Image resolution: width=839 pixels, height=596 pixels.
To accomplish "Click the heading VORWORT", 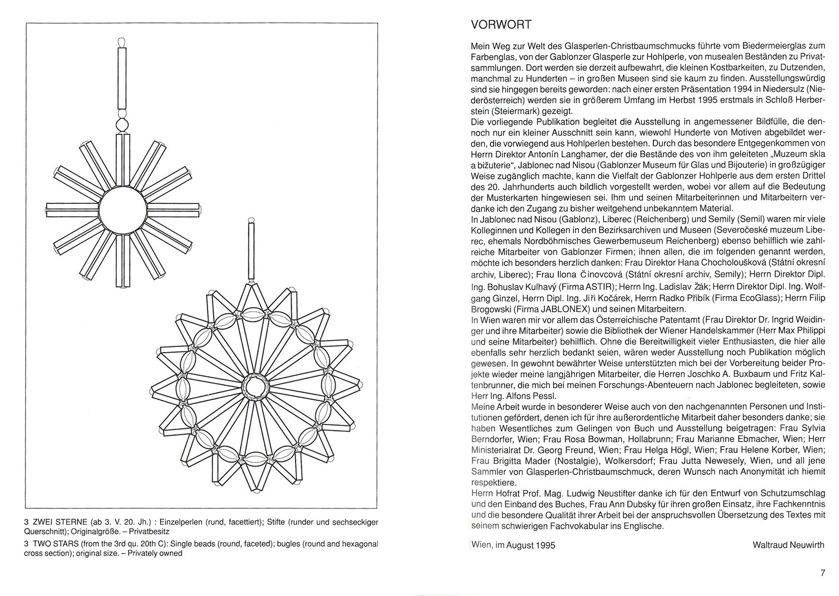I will (501, 25).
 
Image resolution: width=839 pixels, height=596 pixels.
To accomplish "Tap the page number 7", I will (823, 573).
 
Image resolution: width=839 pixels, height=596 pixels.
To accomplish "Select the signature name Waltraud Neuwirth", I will (789, 545).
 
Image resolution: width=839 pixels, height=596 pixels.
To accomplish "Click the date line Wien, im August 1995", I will (513, 545).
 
